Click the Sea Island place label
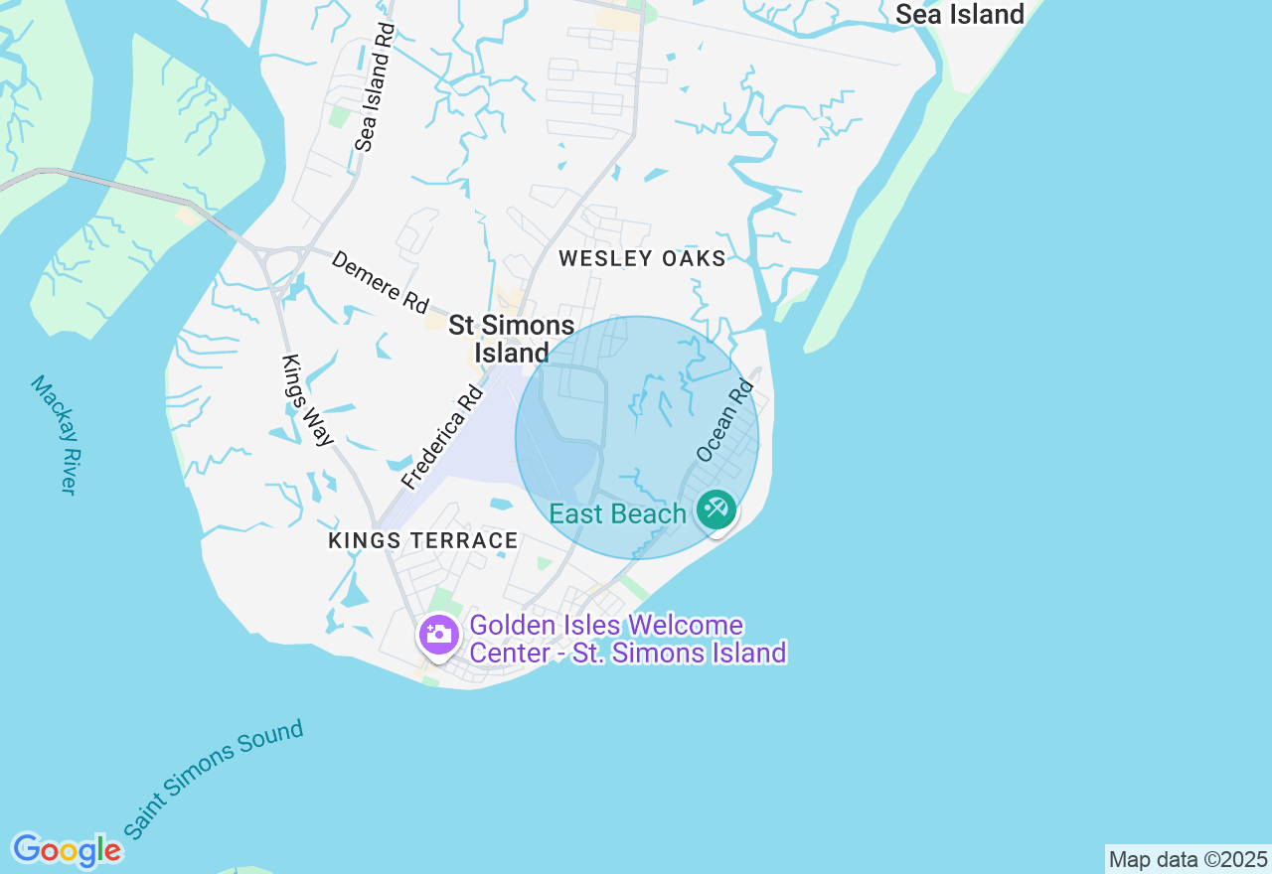coord(959,15)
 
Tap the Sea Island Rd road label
coord(375,87)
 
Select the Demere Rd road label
coord(380,282)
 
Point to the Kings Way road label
coord(307,400)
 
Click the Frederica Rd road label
coord(442,438)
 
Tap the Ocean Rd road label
coord(725,419)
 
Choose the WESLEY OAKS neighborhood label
coord(642,259)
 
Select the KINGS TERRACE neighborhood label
coord(423,541)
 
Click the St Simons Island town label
coord(511,339)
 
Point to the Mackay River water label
coord(54,434)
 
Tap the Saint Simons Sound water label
coord(214,781)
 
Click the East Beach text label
coord(617,514)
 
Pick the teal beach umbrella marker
coord(715,510)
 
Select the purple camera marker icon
coord(438,635)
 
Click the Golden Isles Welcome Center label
coord(627,640)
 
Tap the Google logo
coord(67,850)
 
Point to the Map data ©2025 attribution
coord(1188,860)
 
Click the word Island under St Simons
coord(511,353)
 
